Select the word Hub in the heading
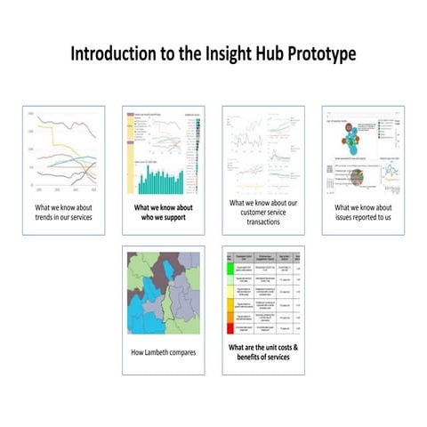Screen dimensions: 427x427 [x=252, y=53]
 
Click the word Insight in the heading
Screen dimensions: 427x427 [x=206, y=53]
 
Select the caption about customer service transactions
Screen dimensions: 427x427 [x=262, y=211]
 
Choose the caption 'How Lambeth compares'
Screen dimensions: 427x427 [x=163, y=352]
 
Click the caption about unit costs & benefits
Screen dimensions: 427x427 [x=262, y=351]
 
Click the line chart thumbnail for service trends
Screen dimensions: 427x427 [x=63, y=151]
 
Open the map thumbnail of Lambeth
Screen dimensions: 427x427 [x=163, y=293]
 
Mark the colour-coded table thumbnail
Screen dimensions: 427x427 [x=262, y=293]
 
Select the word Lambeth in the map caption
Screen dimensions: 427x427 [x=166, y=352]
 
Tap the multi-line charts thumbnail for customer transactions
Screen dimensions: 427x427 [x=262, y=151]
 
